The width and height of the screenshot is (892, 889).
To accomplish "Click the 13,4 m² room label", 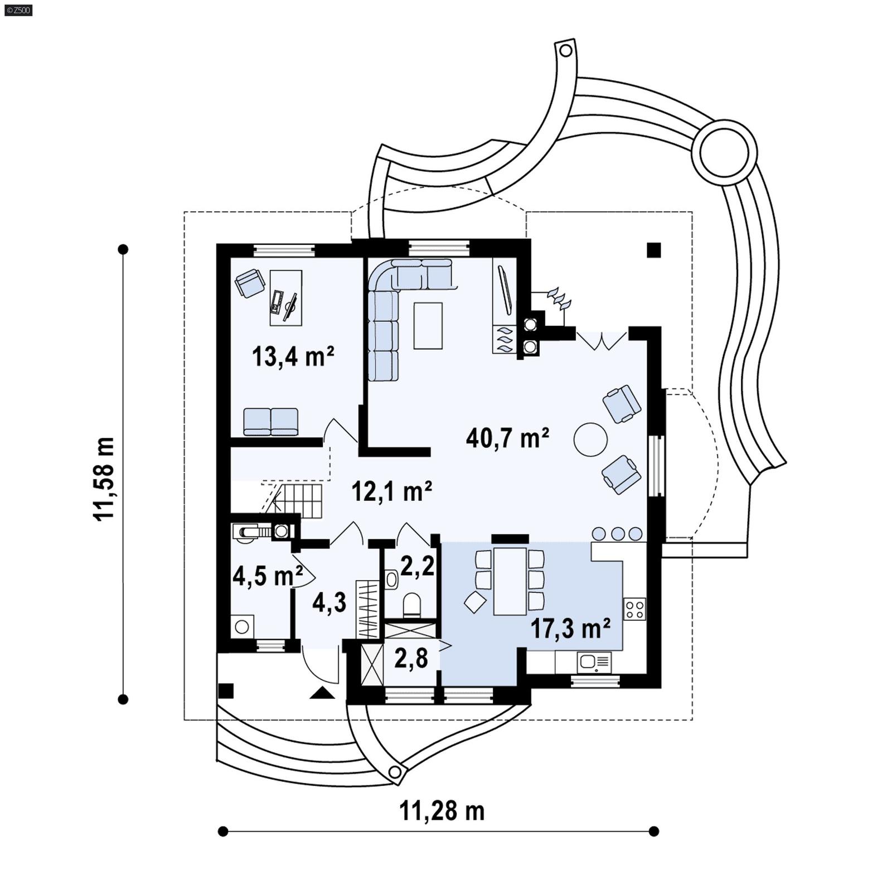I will click(x=293, y=356).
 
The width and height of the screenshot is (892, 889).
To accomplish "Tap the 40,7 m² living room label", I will click(x=507, y=438).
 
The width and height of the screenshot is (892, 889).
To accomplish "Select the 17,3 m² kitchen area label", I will click(x=570, y=629).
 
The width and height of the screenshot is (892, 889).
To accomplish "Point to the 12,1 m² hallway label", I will click(x=391, y=491).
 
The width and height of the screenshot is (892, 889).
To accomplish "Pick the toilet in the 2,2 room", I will click(x=412, y=605).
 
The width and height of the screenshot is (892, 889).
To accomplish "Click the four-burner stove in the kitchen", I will click(x=634, y=608).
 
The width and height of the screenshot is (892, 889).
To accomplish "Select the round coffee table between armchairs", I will click(x=590, y=440).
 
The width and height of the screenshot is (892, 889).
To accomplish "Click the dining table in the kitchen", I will click(x=510, y=581).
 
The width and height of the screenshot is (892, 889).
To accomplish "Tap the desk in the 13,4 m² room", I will click(x=286, y=298).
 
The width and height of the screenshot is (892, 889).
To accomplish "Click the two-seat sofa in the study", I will click(x=270, y=421).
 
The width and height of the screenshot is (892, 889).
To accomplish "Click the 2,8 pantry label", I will click(x=411, y=658).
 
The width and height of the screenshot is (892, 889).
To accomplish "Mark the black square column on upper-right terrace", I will click(x=653, y=250).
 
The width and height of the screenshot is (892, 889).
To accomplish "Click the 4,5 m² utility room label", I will click(x=267, y=576).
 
